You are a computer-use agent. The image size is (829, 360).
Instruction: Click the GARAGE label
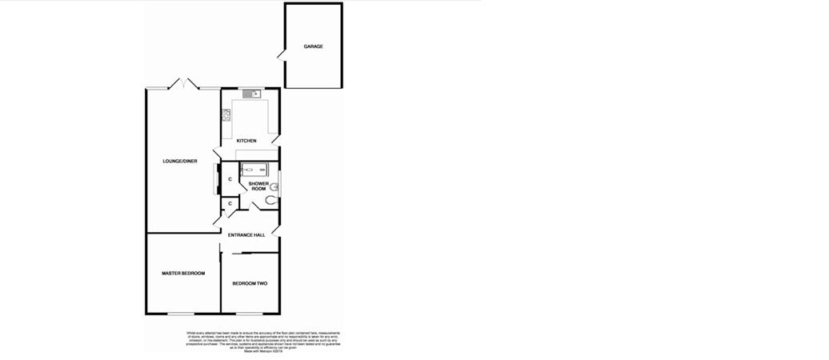coord(313,47)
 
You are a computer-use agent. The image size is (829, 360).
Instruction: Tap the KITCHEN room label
coord(246,141)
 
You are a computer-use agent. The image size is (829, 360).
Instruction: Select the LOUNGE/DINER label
coord(180,162)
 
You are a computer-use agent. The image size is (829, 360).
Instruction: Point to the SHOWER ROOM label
coord(258,186)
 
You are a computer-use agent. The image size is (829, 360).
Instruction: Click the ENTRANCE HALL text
coord(246,235)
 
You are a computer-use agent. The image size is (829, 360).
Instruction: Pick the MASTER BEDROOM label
coord(183,274)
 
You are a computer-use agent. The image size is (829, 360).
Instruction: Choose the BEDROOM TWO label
coord(250,284)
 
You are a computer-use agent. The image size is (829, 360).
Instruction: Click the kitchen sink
coord(252,94)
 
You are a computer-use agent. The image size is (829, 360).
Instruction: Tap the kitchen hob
coord(226,115)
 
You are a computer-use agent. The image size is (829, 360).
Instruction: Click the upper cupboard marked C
coord(230,179)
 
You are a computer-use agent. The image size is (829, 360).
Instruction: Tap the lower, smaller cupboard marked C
coord(230,205)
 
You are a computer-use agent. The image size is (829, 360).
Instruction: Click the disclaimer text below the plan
coord(252,341)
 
